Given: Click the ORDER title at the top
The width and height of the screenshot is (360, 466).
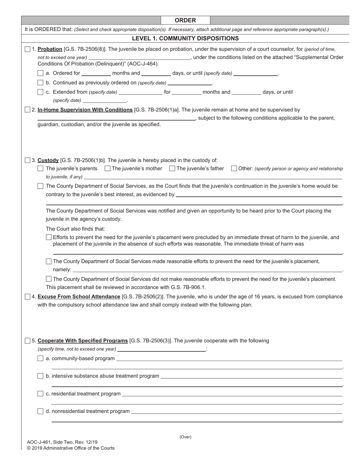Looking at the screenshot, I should (x=185, y=20).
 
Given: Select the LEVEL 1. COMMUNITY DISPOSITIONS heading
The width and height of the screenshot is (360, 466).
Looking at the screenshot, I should (x=185, y=38).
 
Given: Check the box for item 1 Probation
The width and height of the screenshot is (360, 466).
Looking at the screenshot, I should (x=28, y=49).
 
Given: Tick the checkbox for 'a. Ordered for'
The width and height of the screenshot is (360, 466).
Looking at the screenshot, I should (x=41, y=73).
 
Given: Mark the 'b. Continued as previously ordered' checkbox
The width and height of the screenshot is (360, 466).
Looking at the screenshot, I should (x=41, y=83).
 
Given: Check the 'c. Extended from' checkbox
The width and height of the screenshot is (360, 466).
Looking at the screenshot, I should (x=41, y=92).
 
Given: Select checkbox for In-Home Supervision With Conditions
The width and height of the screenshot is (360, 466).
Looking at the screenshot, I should (x=28, y=109).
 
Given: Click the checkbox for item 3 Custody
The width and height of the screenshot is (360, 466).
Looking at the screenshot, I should (x=28, y=160).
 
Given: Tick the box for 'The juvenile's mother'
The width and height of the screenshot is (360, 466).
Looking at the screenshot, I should (x=107, y=169).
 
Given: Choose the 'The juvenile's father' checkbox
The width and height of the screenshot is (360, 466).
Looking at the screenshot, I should (x=172, y=169).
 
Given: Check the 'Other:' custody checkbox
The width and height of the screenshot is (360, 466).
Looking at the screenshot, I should (x=234, y=169).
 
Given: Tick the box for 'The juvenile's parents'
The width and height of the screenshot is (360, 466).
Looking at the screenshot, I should (x=41, y=169).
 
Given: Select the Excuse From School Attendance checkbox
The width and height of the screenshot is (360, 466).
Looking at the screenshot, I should (x=28, y=296).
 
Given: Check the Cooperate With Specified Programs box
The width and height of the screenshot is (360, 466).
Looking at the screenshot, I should (x=28, y=341).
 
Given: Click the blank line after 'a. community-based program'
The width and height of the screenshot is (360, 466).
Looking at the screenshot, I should (x=229, y=358).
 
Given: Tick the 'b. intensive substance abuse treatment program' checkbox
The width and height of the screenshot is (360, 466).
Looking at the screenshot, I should (x=41, y=376).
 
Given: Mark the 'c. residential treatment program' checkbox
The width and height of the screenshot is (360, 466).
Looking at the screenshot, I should (x=41, y=394).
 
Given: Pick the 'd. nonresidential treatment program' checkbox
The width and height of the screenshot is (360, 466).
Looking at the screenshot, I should (x=41, y=411).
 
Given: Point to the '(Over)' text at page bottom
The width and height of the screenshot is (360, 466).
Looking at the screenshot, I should (x=185, y=437).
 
